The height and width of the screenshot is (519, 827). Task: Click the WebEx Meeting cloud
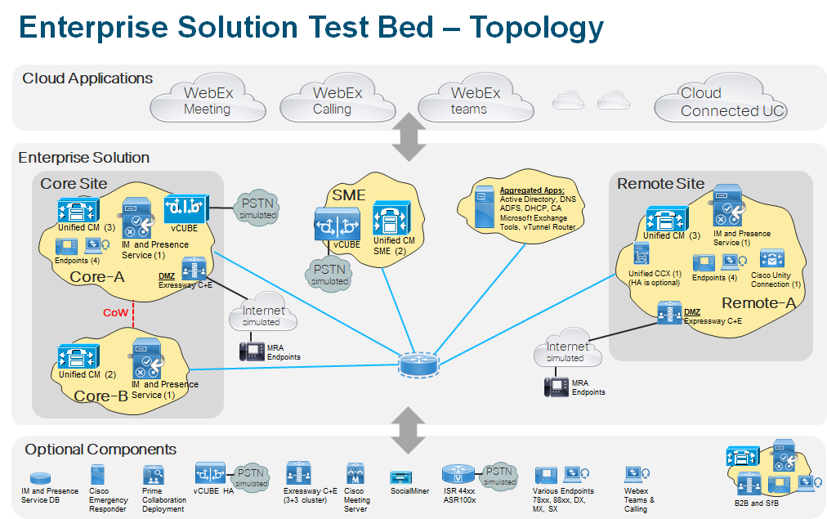coord(205,101)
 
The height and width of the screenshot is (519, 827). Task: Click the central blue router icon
coord(418,363)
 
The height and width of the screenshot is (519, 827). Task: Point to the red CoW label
coord(114,312)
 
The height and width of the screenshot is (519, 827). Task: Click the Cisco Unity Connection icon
coord(771,260)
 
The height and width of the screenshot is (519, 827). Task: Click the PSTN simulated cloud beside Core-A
coord(257,206)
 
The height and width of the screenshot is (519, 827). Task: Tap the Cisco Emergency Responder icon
coord(99,474)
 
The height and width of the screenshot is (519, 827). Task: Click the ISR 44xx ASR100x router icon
coord(458,474)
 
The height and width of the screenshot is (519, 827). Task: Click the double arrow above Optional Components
coord(409,430)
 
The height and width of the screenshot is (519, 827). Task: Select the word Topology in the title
coord(535,28)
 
